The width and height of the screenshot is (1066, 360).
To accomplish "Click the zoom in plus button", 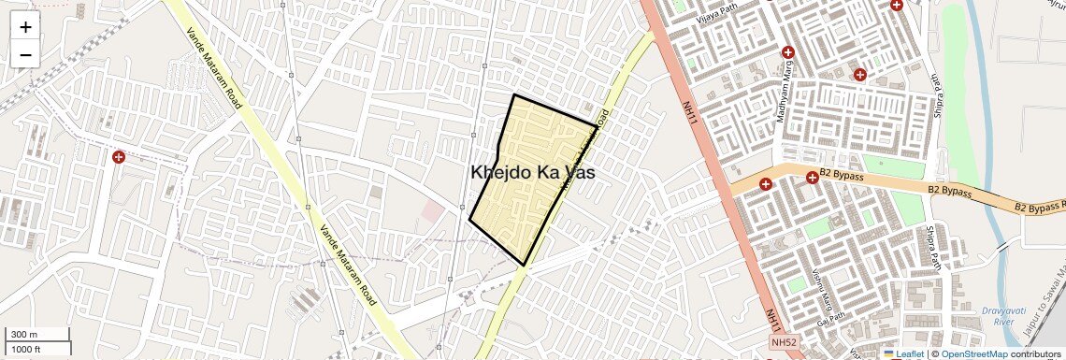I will coord(25,27).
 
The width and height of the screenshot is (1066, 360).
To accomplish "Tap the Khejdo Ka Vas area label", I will coord(533,173).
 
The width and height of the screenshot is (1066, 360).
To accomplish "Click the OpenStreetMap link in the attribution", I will coord(973,354).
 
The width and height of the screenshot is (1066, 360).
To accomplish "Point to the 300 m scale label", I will coord(24,335).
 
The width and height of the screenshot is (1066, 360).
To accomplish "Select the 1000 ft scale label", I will coord(28,349).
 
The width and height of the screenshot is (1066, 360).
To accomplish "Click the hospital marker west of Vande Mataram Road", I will coord(119,157).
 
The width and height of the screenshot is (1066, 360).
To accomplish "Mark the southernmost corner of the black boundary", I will coord(526,265).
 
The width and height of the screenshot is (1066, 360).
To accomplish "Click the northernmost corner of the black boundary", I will coord(514,94).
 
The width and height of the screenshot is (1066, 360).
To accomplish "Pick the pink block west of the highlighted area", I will coord(431,210).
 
